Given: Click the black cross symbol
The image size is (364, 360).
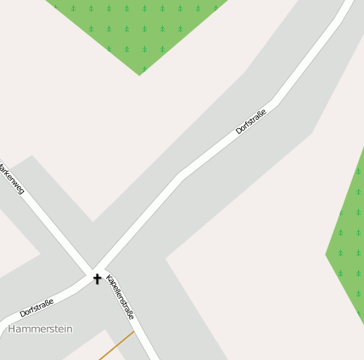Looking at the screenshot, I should [x=97, y=278].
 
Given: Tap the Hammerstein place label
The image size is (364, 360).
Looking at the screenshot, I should [x=41, y=329].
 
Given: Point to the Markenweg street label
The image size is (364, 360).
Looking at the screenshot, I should [x=11, y=178].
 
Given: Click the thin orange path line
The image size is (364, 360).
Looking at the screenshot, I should [x=116, y=346].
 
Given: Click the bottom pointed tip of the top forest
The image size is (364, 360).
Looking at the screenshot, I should [x=140, y=75].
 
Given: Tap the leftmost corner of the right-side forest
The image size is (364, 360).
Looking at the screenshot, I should [x=327, y=253].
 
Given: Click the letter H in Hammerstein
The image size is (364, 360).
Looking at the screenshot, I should [x=12, y=329].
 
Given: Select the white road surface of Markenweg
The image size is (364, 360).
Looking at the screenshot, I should [x=42, y=217].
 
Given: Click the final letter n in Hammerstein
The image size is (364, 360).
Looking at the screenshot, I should [x=70, y=329].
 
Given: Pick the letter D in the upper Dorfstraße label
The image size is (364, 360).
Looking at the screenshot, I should [x=238, y=133].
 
